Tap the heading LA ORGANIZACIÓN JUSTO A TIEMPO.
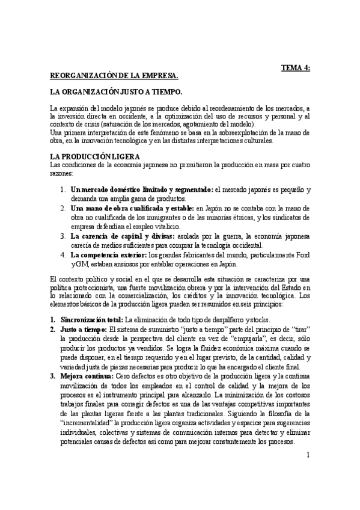(116, 93)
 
